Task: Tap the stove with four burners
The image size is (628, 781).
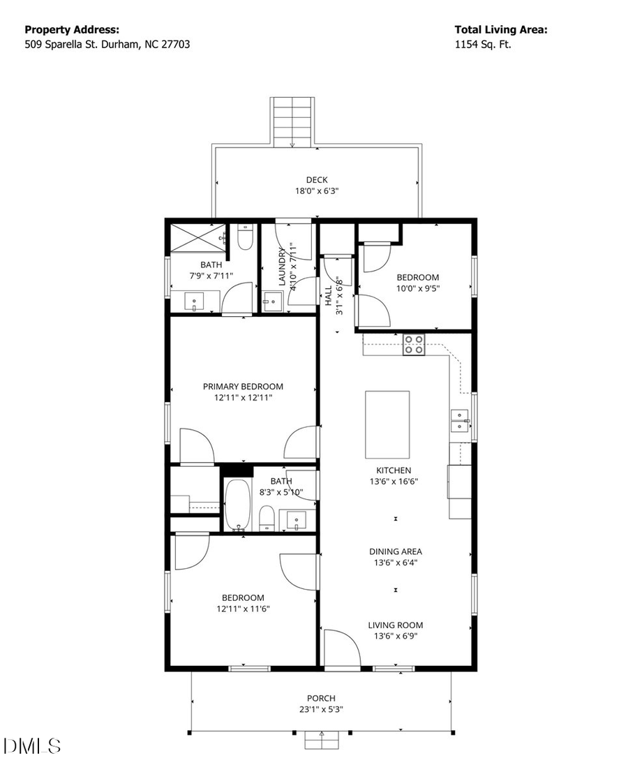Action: pyautogui.click(x=414, y=345)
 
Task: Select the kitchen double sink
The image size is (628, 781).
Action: pyautogui.click(x=460, y=422)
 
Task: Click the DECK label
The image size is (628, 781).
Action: pyautogui.click(x=316, y=180)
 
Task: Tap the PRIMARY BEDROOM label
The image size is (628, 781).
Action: pyautogui.click(x=243, y=387)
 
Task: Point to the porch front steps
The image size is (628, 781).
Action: pyautogui.click(x=322, y=740)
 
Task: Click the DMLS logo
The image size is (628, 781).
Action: pyautogui.click(x=32, y=745)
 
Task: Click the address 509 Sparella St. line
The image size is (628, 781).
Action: pyautogui.click(x=107, y=44)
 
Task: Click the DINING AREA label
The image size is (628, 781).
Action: pyautogui.click(x=396, y=551)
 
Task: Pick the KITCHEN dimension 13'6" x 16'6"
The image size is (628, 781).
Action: pyautogui.click(x=394, y=482)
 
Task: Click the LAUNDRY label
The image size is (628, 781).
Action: pyautogui.click(x=283, y=267)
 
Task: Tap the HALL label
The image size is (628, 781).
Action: pyautogui.click(x=327, y=295)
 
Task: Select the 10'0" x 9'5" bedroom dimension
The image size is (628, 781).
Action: pyautogui.click(x=418, y=288)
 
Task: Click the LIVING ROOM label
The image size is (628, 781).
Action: pyautogui.click(x=396, y=625)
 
